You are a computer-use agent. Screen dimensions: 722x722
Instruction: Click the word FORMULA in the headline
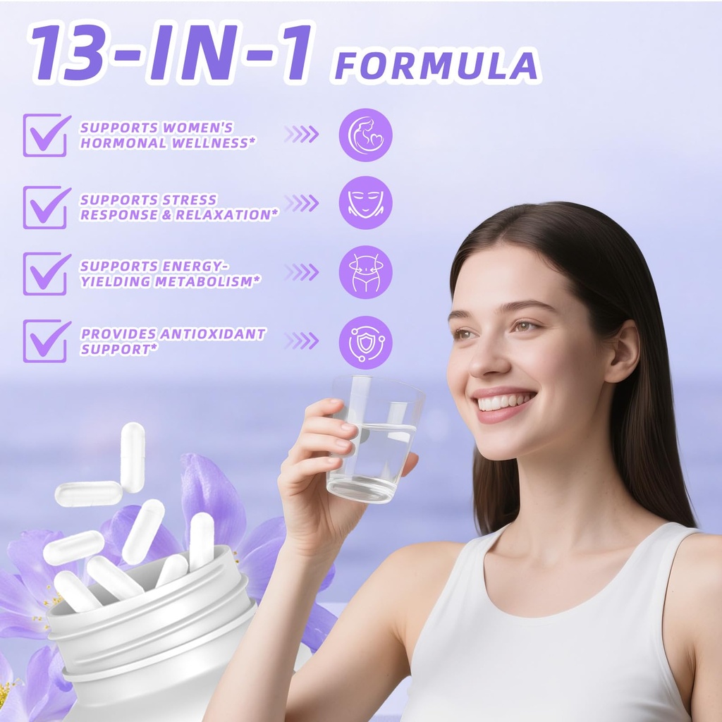(436, 66)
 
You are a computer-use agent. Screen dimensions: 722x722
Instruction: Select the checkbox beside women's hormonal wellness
(46, 135)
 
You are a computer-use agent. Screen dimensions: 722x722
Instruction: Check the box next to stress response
(46, 207)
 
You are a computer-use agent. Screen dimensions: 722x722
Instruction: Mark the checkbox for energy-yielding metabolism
(46, 274)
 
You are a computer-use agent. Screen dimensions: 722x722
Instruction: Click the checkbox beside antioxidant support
(46, 341)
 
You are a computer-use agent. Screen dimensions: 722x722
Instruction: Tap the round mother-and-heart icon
(365, 135)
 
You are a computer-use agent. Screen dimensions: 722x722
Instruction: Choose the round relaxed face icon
(365, 203)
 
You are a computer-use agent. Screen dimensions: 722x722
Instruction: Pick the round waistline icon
(365, 272)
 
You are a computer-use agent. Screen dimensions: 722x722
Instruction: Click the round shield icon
(365, 342)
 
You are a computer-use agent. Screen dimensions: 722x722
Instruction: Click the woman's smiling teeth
(504, 402)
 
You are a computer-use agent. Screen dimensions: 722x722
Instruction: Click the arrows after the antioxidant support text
(302, 341)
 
